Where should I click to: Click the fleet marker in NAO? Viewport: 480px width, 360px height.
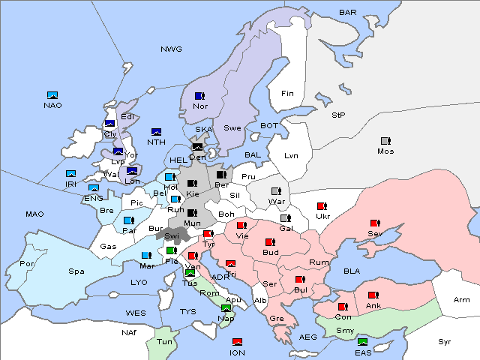[52, 95]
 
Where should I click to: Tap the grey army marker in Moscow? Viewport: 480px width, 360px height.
[385, 141]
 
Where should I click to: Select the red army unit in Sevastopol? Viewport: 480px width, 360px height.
[374, 223]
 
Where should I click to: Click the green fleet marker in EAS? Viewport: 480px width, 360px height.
[362, 342]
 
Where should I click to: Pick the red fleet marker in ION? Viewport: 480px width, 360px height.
[238, 342]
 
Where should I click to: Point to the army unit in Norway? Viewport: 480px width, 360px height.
[199, 96]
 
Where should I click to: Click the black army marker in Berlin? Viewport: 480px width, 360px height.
[221, 175]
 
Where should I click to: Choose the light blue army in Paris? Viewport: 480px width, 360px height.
[127, 220]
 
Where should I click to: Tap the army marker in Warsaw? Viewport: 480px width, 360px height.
[276, 191]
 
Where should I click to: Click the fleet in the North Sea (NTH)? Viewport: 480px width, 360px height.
[157, 132]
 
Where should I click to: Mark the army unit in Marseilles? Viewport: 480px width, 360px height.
[146, 255]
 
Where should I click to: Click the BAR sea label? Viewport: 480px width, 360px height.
[348, 13]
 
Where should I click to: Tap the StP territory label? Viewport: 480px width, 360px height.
[338, 115]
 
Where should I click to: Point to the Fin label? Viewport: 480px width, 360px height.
[286, 94]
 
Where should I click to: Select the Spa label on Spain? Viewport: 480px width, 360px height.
[76, 271]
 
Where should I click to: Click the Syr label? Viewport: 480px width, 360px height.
[445, 341]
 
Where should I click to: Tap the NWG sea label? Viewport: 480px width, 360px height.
[171, 49]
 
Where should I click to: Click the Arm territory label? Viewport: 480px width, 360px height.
[462, 300]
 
